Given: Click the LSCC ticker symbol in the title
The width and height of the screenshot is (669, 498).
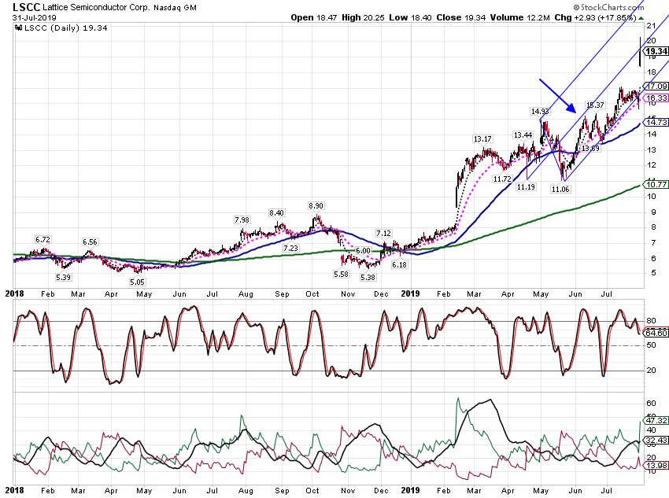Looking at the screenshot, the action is pyautogui.click(x=27, y=7).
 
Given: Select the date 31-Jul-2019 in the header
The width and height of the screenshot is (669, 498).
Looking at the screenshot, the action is pyautogui.click(x=34, y=18).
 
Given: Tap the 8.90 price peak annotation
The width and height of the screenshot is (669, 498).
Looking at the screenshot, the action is pyautogui.click(x=316, y=206).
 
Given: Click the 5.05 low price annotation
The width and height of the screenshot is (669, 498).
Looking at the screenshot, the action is pyautogui.click(x=138, y=282).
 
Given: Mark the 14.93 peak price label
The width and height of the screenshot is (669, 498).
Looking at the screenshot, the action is pyautogui.click(x=540, y=111).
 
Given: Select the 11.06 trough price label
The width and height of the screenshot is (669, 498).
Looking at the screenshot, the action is pyautogui.click(x=560, y=190).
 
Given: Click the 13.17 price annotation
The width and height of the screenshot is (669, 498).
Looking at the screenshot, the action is pyautogui.click(x=482, y=139).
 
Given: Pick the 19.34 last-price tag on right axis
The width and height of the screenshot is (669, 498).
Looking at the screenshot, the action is pyautogui.click(x=656, y=52).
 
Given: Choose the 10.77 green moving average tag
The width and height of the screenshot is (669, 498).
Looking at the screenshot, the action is pyautogui.click(x=656, y=184).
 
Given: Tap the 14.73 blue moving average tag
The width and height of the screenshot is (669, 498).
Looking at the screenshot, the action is pyautogui.click(x=656, y=123).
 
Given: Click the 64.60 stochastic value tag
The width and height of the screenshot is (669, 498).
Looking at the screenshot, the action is pyautogui.click(x=656, y=333).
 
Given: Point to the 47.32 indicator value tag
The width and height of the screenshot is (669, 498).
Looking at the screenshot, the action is pyautogui.click(x=656, y=420).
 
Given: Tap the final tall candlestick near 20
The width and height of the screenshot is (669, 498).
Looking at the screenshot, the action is pyautogui.click(x=640, y=52).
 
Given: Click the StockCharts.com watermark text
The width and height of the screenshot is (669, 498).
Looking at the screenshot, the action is pyautogui.click(x=608, y=7).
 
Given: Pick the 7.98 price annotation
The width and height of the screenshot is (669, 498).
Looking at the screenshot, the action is pyautogui.click(x=242, y=220).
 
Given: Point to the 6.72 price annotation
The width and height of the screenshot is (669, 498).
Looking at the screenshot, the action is pyautogui.click(x=43, y=240).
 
